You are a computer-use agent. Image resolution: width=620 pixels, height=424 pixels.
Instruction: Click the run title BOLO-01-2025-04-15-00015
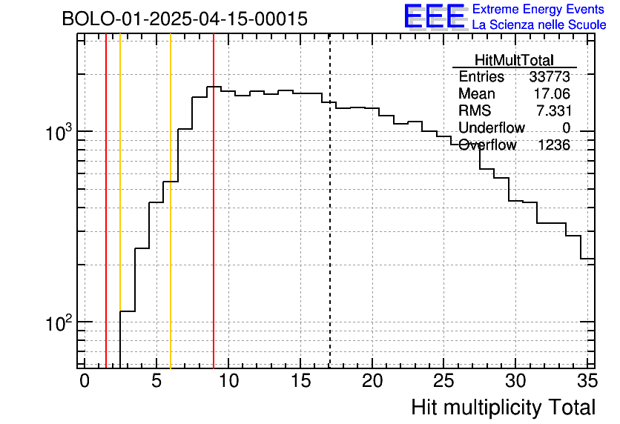tap(185, 19)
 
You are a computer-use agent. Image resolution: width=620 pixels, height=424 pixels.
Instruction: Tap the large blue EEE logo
tap(434, 16)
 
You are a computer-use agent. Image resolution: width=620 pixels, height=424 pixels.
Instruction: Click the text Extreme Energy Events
tap(538, 10)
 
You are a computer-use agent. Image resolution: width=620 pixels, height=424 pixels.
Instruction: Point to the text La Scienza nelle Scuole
tap(539, 25)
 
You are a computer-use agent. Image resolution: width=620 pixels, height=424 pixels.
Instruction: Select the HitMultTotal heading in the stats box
tap(514, 61)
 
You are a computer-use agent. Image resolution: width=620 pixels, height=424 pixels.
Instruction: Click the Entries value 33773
tap(550, 77)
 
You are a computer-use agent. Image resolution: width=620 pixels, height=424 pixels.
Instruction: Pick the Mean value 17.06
tap(552, 94)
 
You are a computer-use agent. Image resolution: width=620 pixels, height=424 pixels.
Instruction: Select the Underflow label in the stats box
tap(491, 128)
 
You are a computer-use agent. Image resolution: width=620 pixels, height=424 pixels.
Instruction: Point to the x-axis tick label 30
tap(515, 381)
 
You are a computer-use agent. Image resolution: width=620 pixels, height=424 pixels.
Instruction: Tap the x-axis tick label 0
tap(85, 381)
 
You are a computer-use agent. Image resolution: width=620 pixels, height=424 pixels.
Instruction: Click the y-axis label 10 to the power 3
tap(59, 133)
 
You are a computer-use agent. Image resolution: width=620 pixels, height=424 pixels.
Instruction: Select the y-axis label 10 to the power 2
tap(59, 324)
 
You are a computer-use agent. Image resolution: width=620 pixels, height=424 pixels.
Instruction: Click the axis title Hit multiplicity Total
tap(503, 407)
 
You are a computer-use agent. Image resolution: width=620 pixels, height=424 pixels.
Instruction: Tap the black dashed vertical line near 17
tap(329, 222)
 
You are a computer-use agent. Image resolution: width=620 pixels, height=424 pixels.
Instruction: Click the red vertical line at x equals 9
tap(214, 222)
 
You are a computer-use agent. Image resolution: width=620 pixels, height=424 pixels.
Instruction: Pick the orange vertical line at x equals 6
tap(171, 222)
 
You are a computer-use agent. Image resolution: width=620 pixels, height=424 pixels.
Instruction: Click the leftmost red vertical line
tap(106, 222)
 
